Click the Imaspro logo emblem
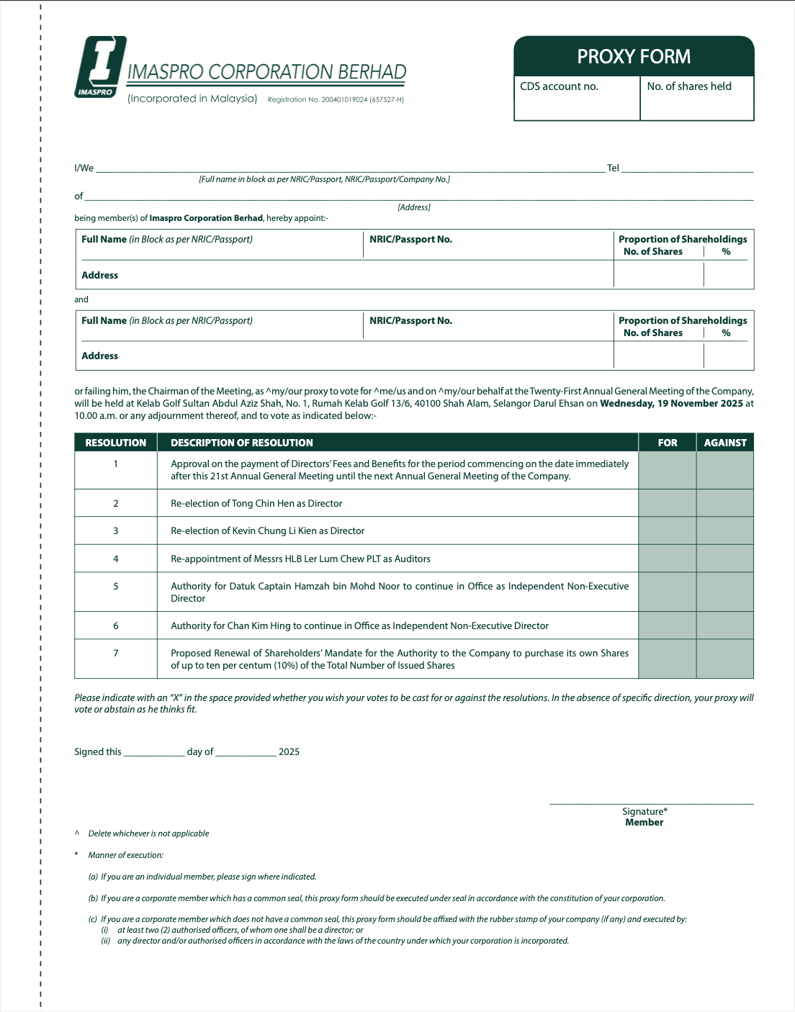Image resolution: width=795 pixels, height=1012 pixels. click(100, 66)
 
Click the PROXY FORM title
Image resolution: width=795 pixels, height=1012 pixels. click(634, 57)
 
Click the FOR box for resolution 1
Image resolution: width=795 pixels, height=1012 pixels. click(667, 470)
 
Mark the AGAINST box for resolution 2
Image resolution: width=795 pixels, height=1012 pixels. click(724, 503)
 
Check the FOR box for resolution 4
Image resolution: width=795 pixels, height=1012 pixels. click(667, 559)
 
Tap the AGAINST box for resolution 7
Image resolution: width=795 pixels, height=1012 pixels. click(724, 659)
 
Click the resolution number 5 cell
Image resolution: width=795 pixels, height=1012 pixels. click(116, 587)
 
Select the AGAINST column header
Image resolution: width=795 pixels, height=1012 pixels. click(724, 443)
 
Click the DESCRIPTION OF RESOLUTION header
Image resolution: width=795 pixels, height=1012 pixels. click(242, 443)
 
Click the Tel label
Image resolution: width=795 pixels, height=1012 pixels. click(613, 168)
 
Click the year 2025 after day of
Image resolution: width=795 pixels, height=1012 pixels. click(289, 752)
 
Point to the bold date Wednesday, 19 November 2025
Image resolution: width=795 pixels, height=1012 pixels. click(671, 404)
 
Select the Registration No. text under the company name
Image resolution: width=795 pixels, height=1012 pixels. click(336, 100)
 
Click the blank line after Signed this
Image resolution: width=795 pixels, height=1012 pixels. click(154, 753)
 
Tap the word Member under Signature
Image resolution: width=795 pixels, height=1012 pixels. click(644, 823)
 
